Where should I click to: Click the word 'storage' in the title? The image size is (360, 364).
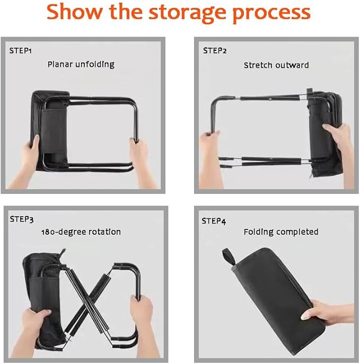point(187,13)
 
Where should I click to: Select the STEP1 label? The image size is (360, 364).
point(21,51)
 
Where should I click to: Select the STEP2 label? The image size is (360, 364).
point(215,51)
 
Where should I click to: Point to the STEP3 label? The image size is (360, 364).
point(22,219)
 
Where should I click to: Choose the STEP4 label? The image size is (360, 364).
point(214,221)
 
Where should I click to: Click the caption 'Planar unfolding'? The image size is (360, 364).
point(81,64)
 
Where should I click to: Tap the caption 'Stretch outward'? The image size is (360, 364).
point(276,65)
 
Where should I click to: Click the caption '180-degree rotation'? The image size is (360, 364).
point(81,232)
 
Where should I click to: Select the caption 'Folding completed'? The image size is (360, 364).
point(281,232)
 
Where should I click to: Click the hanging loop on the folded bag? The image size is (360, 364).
point(229,256)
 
